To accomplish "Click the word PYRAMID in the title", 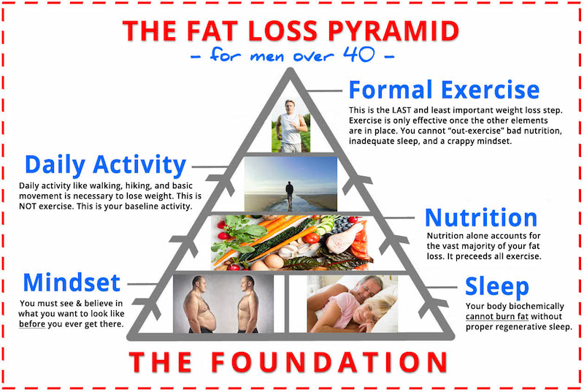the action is [393, 31].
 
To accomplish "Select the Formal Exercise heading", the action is [444, 90].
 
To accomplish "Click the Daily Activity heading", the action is [105, 165].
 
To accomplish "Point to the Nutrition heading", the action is [481, 218].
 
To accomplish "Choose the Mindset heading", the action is [72, 283].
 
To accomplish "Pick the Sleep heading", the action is [497, 287].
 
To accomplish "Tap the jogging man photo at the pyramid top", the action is [291, 126].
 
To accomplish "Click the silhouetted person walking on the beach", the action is [289, 194].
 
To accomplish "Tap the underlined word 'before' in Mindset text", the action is [32, 324].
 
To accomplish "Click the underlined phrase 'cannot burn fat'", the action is [497, 316].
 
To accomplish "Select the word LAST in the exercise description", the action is [402, 110].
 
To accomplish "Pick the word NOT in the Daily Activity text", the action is [28, 207].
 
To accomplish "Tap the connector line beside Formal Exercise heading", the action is [323, 91].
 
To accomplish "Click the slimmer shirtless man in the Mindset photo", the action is [247, 304].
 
